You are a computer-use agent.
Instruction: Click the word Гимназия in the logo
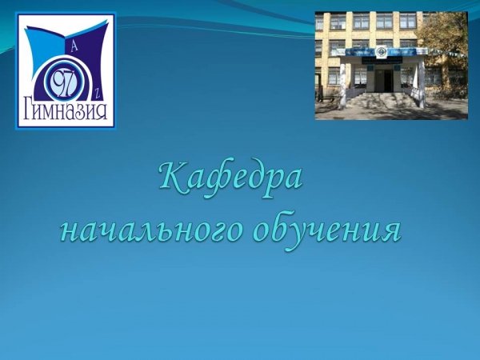point(66,110)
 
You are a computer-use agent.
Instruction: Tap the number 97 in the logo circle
point(65,81)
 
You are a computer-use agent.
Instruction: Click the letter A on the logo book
point(74,47)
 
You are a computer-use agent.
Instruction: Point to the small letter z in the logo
point(96,94)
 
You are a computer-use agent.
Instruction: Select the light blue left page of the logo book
point(43,46)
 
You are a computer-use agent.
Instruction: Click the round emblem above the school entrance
point(382,52)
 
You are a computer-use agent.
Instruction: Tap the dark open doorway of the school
point(384,80)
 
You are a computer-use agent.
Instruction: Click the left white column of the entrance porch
point(342,86)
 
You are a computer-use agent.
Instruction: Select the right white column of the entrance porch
point(422,82)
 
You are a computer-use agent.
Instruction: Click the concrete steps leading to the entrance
point(382,99)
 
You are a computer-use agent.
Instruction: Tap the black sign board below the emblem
point(382,60)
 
